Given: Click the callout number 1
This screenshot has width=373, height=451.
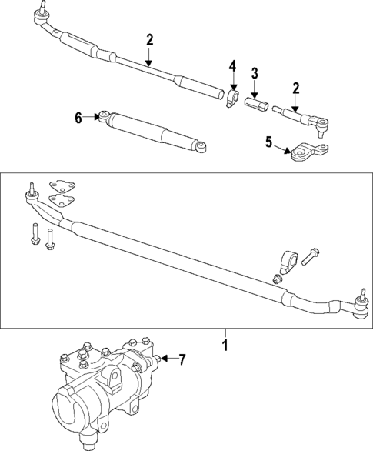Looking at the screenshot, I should click(225, 346).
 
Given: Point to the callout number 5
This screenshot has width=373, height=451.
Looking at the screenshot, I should click(268, 142).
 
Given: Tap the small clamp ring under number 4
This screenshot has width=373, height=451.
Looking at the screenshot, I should click(231, 99).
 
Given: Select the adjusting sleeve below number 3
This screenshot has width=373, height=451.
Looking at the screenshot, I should click(255, 102).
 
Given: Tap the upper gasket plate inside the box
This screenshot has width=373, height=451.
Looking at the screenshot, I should click(59, 185).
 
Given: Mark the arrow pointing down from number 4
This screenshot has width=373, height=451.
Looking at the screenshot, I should click(231, 83).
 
